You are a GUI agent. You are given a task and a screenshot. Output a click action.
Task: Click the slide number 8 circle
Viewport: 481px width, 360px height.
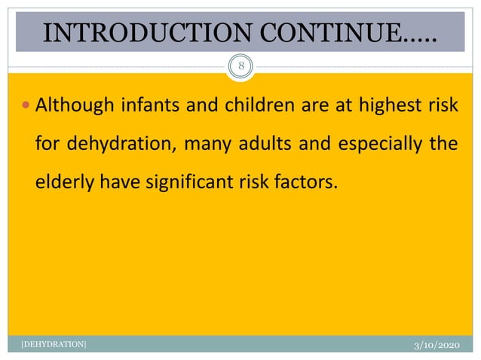tap(240, 66)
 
